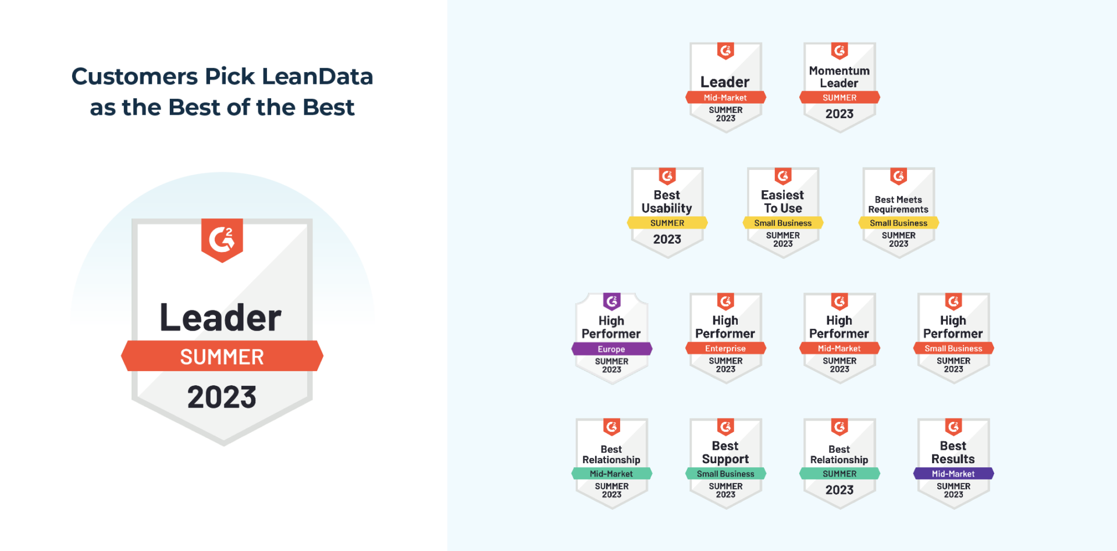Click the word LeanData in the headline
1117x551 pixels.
click(x=317, y=76)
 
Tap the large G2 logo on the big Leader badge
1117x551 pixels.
click(x=222, y=240)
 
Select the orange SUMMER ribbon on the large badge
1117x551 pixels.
click(x=222, y=356)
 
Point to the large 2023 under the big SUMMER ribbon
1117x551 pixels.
click(x=222, y=397)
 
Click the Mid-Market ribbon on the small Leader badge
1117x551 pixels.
click(x=725, y=98)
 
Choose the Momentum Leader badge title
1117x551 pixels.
click(x=839, y=77)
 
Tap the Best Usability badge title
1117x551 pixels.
click(x=667, y=202)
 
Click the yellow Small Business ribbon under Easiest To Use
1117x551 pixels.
click(x=783, y=223)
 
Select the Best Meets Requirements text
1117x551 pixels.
click(x=898, y=204)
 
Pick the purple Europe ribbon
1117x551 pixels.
click(x=611, y=349)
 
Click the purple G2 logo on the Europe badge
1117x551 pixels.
click(x=612, y=301)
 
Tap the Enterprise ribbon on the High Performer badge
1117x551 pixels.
click(x=725, y=349)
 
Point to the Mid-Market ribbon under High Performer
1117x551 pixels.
click(x=839, y=349)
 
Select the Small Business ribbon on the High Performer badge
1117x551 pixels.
click(x=954, y=349)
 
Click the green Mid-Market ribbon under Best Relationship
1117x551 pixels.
click(x=611, y=474)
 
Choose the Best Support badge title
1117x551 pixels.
click(x=725, y=453)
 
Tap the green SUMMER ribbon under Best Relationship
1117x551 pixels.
click(x=839, y=474)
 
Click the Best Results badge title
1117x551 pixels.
click(x=953, y=453)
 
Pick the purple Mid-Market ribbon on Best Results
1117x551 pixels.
click(x=954, y=474)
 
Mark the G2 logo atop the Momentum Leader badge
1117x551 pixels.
click(x=839, y=51)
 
